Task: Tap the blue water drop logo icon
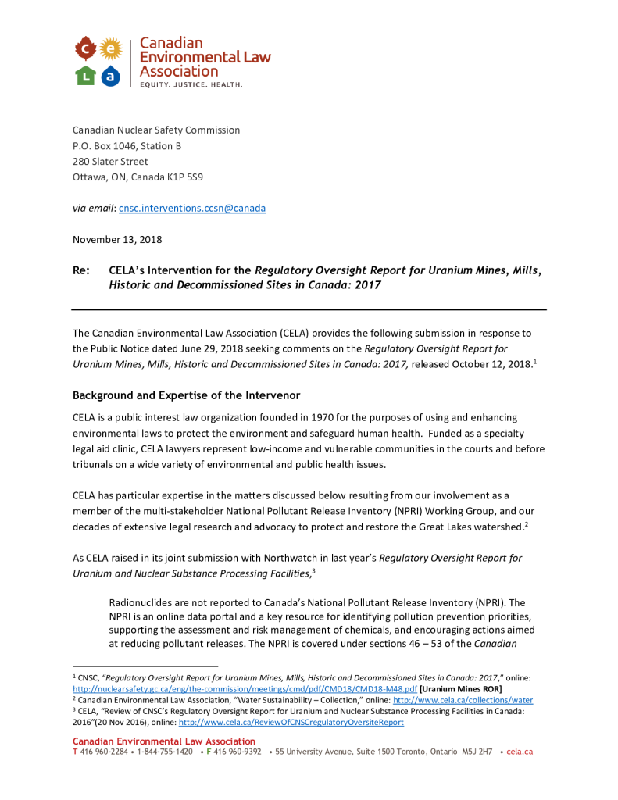[111, 75]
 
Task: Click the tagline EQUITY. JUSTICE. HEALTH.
[191, 84]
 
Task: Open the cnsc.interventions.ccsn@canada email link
[192, 209]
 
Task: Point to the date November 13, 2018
[117, 239]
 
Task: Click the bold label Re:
[80, 270]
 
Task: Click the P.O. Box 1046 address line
[127, 146]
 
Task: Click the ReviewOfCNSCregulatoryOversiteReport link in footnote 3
[291, 723]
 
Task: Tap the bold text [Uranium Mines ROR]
[461, 689]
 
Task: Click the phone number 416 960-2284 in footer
[104, 752]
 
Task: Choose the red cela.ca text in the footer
[520, 752]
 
